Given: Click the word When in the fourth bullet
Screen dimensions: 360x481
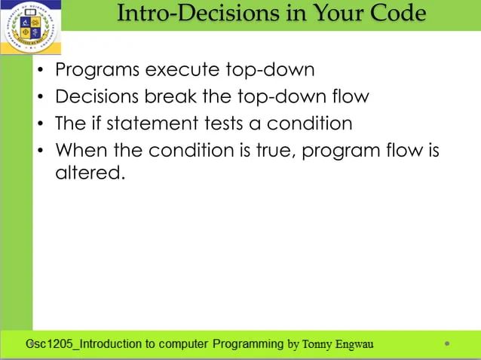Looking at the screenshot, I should [x=81, y=150].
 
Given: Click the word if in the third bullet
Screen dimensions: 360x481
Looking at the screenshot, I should [x=93, y=124].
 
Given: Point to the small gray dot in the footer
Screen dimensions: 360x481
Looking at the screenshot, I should [x=447, y=344].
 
